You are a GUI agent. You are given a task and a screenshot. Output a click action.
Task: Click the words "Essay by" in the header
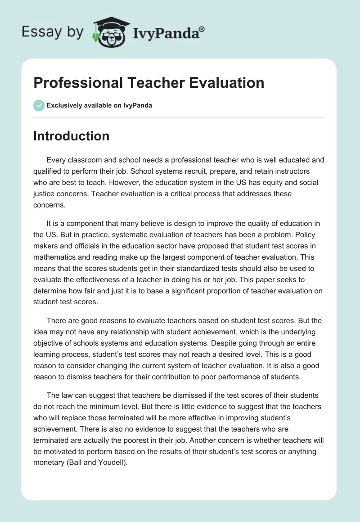(x=53, y=31)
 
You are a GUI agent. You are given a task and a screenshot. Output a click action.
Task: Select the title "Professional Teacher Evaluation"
(x=148, y=83)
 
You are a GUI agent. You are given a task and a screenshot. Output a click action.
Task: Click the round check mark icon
(x=39, y=105)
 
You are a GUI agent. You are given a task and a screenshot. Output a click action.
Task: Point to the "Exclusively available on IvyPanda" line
(x=99, y=105)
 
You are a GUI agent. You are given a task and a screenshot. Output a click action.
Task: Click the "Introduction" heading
(x=71, y=136)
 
